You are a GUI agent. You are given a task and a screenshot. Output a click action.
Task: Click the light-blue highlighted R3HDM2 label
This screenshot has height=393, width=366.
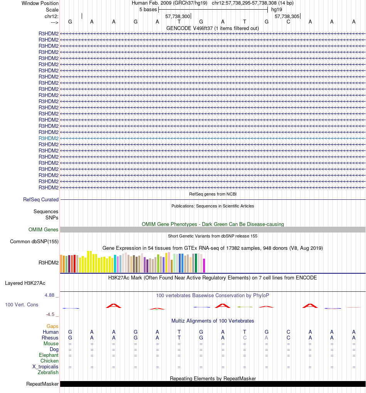[x=49, y=138]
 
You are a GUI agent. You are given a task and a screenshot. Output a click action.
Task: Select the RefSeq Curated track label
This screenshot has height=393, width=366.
[x=41, y=200]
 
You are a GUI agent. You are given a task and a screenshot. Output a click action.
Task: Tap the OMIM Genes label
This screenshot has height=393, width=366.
[x=44, y=230]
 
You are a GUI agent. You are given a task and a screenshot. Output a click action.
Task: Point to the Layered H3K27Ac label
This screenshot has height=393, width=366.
[x=25, y=283]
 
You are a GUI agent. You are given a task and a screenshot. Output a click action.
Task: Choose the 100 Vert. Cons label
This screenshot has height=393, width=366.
[x=22, y=304]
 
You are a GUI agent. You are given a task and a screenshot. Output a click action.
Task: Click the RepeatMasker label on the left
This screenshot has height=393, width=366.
[x=42, y=384]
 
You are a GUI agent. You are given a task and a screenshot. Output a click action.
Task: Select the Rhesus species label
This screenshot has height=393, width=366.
[x=50, y=338]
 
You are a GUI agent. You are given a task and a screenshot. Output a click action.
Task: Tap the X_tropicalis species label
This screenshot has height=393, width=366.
[x=45, y=367]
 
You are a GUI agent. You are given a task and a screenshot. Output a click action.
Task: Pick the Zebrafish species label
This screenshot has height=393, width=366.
[x=48, y=373]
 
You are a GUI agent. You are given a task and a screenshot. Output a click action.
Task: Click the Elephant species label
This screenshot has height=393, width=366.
[x=49, y=355]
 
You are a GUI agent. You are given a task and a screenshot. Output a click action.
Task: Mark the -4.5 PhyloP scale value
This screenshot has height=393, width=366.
[x=51, y=314]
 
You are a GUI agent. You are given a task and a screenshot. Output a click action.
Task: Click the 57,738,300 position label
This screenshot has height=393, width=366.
[x=178, y=17]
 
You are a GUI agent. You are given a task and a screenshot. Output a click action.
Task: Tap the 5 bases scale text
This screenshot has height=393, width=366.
[x=148, y=10]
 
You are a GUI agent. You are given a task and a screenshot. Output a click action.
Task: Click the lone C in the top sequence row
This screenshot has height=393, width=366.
[x=288, y=22]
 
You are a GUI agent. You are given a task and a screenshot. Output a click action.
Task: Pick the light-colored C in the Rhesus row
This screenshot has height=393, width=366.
[x=245, y=338]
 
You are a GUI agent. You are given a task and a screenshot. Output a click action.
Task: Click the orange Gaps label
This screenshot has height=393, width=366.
[x=52, y=326]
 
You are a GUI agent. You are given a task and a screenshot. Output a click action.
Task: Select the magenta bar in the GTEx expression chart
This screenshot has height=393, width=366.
[x=204, y=265]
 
